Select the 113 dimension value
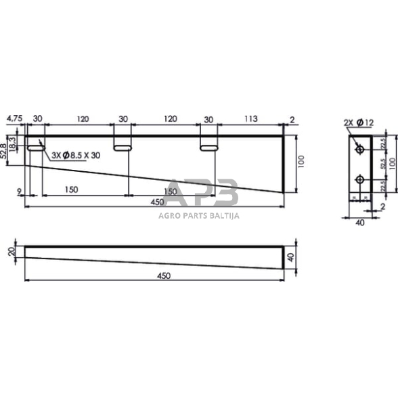click(250, 118)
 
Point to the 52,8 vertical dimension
click(6, 149)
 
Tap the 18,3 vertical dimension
click(14, 143)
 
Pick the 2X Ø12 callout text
click(359, 122)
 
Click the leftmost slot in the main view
click(35, 146)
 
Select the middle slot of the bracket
click(122, 146)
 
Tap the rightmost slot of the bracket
click(208, 146)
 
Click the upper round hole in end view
click(359, 148)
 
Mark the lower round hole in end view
click(359, 179)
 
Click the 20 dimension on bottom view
click(10, 252)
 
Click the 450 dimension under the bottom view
click(162, 275)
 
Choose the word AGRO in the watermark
click(160, 216)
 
